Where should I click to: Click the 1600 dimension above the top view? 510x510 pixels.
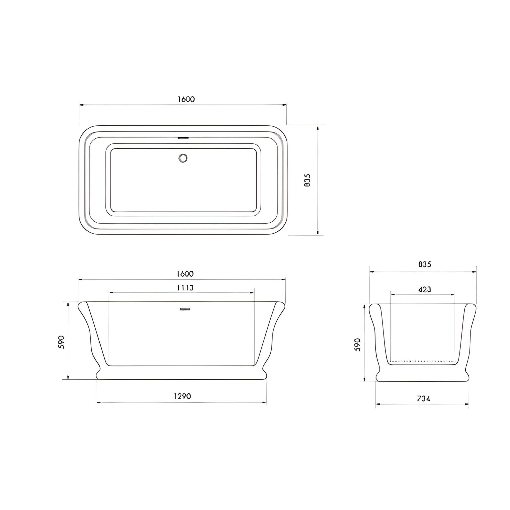pos(186,99)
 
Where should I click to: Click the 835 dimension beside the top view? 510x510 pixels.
pos(308,180)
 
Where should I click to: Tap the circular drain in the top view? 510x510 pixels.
pos(183,158)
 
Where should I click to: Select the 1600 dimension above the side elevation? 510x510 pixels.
pos(185,274)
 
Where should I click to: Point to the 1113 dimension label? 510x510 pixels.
pos(185,288)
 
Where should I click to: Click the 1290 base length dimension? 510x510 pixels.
pos(182,396)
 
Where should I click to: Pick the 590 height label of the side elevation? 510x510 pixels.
pos(61,342)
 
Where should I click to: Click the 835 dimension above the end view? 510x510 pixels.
pos(425,264)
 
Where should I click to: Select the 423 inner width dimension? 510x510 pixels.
pos(425,290)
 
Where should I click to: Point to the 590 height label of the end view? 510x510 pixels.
pos(358,344)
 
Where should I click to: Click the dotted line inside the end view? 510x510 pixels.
pos(422,361)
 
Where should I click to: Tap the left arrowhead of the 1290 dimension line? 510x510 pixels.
pos(98,402)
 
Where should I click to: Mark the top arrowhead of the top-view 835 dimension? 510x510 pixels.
pos(318,128)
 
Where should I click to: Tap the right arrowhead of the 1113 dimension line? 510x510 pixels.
pos(252,293)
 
